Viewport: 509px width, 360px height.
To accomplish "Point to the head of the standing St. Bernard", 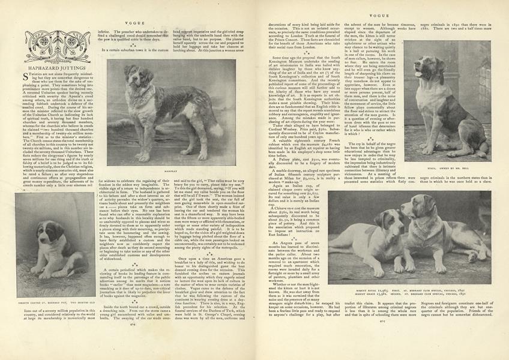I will pyautogui.click(x=137, y=77).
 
